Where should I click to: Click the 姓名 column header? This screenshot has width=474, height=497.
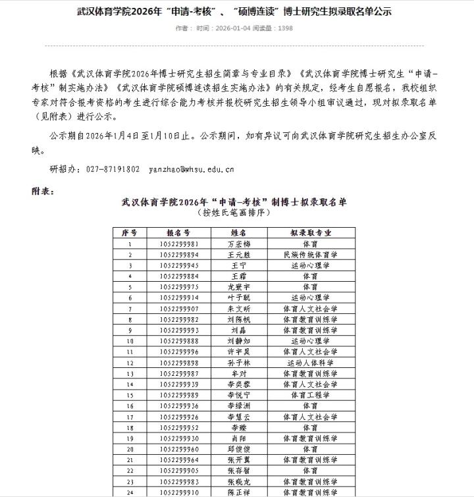(238, 233)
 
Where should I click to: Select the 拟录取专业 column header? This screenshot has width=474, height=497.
(311, 233)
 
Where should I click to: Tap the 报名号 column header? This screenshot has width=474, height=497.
(178, 233)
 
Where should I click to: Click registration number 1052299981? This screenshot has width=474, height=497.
(178, 244)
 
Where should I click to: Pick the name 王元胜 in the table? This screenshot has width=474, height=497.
(238, 255)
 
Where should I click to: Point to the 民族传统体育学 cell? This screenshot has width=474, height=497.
(311, 255)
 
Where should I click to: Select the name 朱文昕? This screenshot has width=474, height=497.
(238, 309)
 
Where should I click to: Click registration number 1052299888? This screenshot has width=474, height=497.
(178, 341)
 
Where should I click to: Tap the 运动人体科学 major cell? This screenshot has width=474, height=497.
(311, 363)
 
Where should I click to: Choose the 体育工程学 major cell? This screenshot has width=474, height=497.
(311, 395)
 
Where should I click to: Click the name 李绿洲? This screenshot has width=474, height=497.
(238, 405)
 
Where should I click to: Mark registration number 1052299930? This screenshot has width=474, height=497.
(178, 438)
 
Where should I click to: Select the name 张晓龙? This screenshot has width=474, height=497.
(238, 481)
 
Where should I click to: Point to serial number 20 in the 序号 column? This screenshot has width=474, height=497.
(130, 449)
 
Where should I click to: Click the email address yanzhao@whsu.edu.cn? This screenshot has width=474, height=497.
(191, 169)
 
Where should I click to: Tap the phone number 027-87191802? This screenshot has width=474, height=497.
(113, 169)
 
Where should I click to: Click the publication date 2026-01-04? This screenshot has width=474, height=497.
(237, 29)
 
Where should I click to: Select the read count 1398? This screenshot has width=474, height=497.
(286, 29)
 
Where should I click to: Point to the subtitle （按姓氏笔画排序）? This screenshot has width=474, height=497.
(234, 213)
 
